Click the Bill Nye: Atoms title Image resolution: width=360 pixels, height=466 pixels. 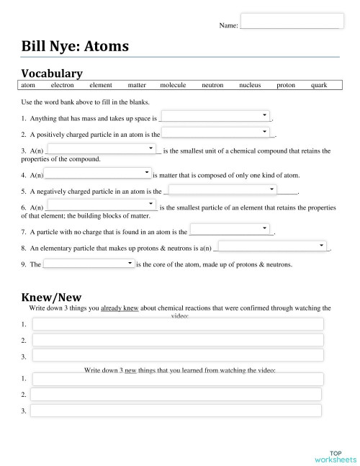76,47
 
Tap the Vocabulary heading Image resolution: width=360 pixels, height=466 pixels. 52,73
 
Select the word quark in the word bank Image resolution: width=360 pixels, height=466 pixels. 319,86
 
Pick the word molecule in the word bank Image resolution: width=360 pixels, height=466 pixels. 173,86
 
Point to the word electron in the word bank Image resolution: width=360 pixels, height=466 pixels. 63,86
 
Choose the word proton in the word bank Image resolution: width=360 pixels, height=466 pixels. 286,86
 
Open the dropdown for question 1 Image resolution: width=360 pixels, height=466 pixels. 215,116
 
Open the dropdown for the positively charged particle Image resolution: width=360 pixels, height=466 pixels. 215,133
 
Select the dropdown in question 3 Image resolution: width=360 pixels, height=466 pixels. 102,149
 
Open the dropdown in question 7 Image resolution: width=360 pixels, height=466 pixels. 230,230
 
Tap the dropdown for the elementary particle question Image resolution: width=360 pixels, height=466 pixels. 272,246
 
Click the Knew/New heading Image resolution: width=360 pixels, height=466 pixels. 51,296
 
